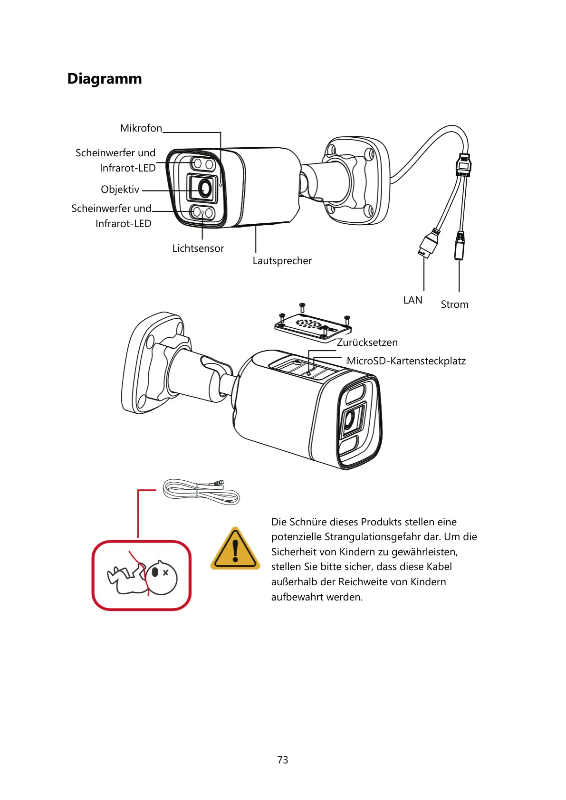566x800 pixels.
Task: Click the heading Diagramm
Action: click(105, 78)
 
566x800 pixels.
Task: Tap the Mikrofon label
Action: click(141, 128)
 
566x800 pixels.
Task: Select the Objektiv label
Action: click(120, 190)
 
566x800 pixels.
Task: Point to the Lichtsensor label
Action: click(198, 248)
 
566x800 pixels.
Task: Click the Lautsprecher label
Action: click(282, 261)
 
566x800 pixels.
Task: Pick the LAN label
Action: click(413, 300)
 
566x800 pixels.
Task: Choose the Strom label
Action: click(454, 305)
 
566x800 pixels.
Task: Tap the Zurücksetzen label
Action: click(367, 343)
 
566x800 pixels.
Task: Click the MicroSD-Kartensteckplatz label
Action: click(406, 361)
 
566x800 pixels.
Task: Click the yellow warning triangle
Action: click(235, 550)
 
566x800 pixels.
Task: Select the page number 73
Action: click(283, 760)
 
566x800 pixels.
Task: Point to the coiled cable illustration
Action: click(201, 492)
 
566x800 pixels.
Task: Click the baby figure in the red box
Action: click(142, 576)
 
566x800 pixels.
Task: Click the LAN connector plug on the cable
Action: click(429, 244)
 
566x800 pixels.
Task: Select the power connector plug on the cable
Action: click(459, 246)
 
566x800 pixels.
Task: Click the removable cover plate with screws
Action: click(313, 326)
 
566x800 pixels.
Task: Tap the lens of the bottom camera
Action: click(350, 419)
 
